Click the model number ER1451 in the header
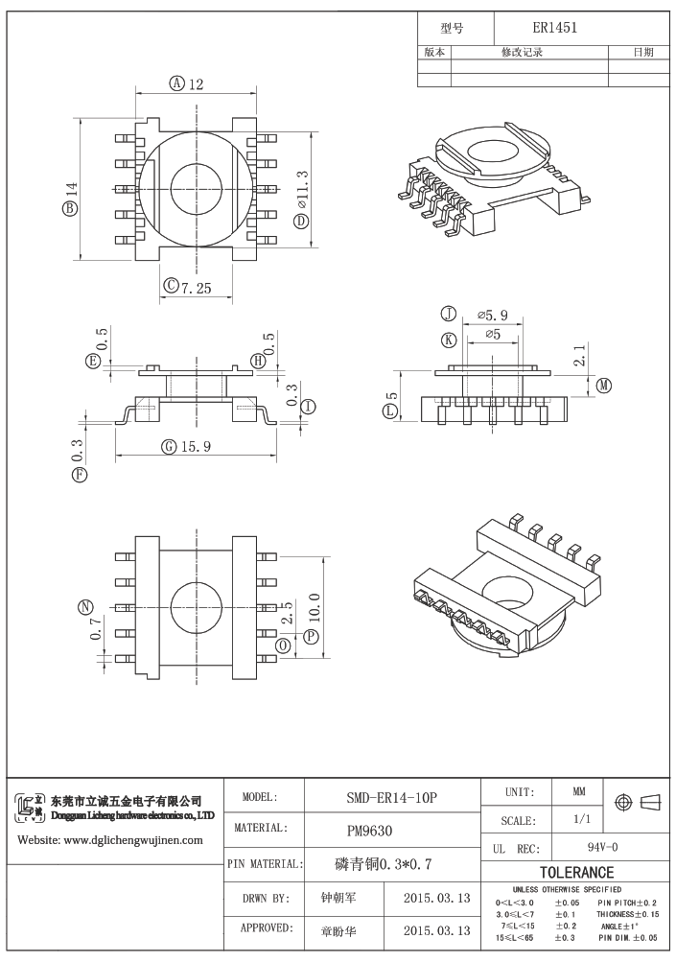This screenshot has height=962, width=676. pyautogui.click(x=554, y=28)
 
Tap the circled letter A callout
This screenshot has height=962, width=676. pyautogui.click(x=176, y=82)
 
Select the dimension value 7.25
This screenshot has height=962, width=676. pyautogui.click(x=196, y=288)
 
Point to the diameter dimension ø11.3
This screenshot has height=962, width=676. pyautogui.click(x=302, y=189)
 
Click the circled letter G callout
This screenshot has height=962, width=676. pyautogui.click(x=169, y=447)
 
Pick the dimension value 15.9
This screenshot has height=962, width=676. pyautogui.click(x=196, y=447)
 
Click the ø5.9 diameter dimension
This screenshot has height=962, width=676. pyautogui.click(x=493, y=316)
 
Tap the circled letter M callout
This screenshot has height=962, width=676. pyautogui.click(x=605, y=386)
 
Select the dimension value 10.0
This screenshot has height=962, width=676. pyautogui.click(x=315, y=608)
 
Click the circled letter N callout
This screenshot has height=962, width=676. pyautogui.click(x=86, y=608)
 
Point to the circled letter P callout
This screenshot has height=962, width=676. pyautogui.click(x=312, y=636)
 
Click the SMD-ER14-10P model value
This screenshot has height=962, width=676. pyautogui.click(x=392, y=797)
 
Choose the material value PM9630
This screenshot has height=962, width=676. pyautogui.click(x=369, y=831)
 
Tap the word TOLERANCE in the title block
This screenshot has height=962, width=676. pyautogui.click(x=576, y=873)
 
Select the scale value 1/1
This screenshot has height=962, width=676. pyautogui.click(x=581, y=819)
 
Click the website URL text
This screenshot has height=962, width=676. pyautogui.click(x=110, y=840)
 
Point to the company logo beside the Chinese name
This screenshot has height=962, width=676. pyautogui.click(x=30, y=808)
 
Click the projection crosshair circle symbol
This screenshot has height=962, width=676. pyautogui.click(x=623, y=802)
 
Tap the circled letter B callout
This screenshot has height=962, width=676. pyautogui.click(x=70, y=208)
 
